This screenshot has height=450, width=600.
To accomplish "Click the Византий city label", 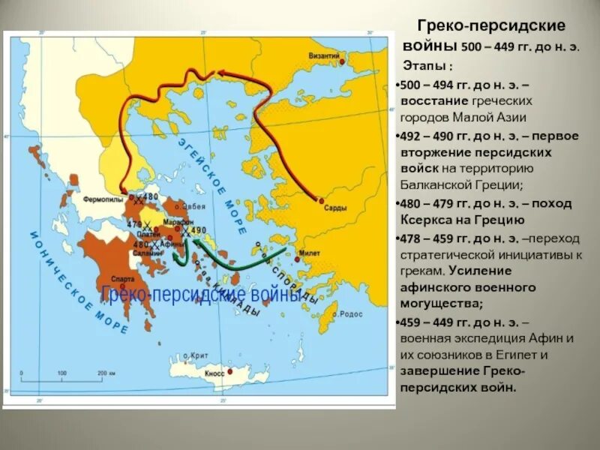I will click(x=325, y=55).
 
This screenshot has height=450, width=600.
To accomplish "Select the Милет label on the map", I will click(x=310, y=253).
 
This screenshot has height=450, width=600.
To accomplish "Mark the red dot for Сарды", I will click(x=321, y=200).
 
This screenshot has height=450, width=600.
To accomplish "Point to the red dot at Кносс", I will click(x=231, y=371).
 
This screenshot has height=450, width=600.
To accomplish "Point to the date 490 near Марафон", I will click(x=198, y=231).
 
